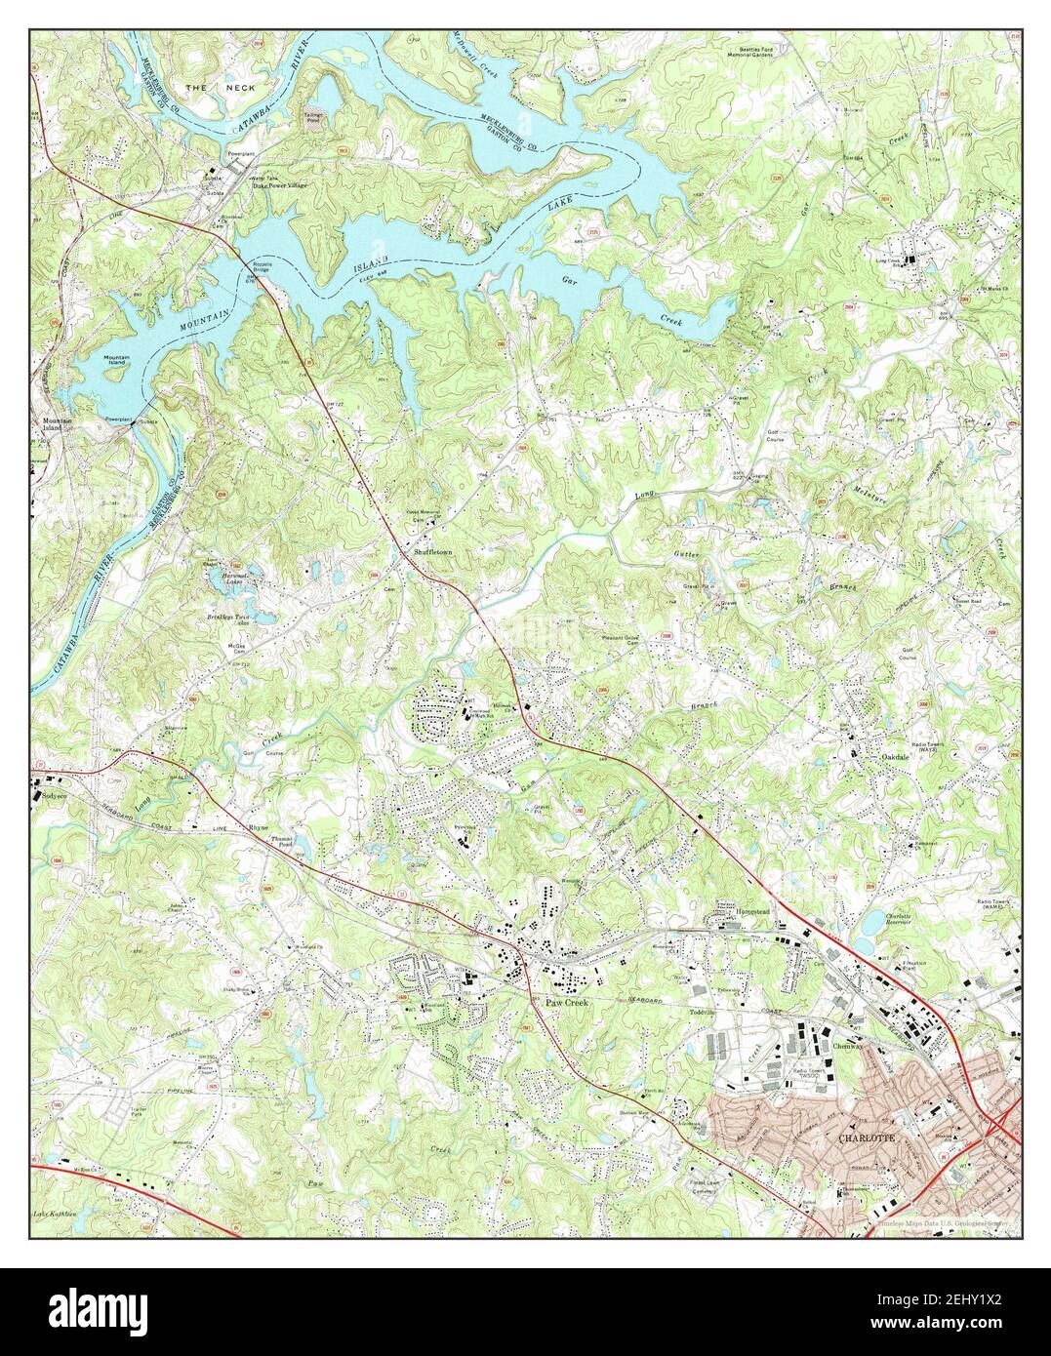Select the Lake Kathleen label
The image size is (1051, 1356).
pos(54,1214)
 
